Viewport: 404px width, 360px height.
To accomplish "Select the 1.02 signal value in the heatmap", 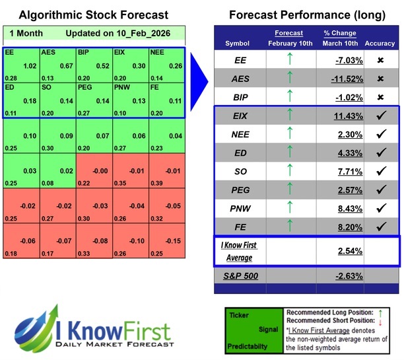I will pyautogui.click(x=29, y=65).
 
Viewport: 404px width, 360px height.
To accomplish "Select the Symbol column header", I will pyautogui.click(x=237, y=44).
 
